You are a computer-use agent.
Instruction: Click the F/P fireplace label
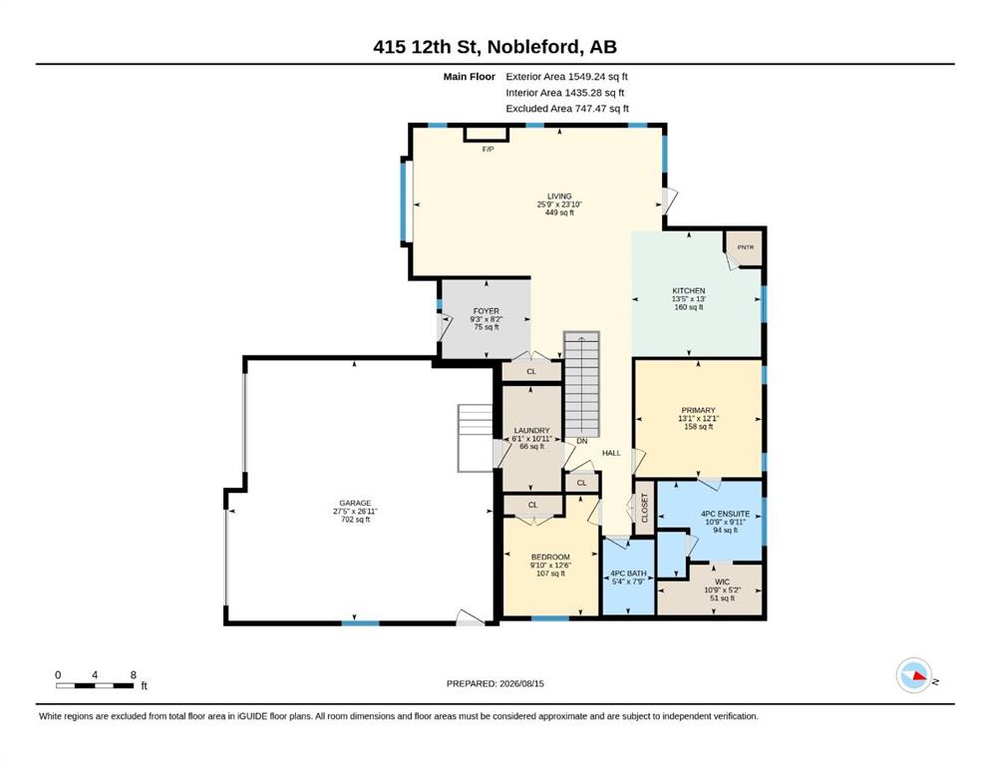coord(489,149)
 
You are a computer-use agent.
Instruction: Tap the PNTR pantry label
coord(746,247)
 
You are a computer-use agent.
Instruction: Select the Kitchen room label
coord(688,291)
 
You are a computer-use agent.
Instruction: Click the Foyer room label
coord(487,311)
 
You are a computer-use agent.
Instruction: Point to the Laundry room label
coord(531,430)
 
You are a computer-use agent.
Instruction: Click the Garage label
coord(355,504)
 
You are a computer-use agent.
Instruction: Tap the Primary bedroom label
coord(698,410)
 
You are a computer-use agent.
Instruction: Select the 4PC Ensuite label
coord(726,514)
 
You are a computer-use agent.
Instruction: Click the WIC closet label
coord(722,581)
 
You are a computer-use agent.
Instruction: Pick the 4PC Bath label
coord(628,574)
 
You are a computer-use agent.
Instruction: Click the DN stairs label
coord(582,441)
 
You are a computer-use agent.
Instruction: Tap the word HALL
coord(611,453)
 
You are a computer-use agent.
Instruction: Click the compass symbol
coord(914,675)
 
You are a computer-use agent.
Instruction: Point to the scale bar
coord(95,685)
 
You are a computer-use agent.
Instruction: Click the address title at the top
coord(495,47)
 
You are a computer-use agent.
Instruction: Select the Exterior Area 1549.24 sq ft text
coord(567,77)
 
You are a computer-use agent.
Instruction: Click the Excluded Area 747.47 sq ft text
coord(567,108)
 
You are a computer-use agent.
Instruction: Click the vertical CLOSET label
coord(645,508)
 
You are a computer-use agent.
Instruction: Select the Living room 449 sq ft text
coord(559,212)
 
